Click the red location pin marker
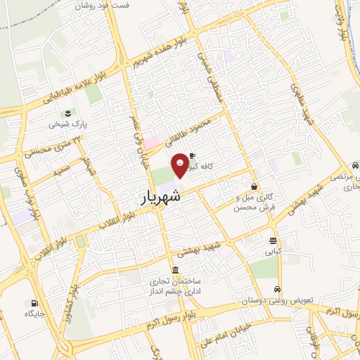click(x=181, y=164)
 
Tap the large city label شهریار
click(x=155, y=198)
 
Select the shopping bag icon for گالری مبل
click(x=253, y=187)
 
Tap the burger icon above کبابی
click(x=272, y=240)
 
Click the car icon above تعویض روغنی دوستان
click(x=277, y=290)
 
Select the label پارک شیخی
click(x=67, y=124)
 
